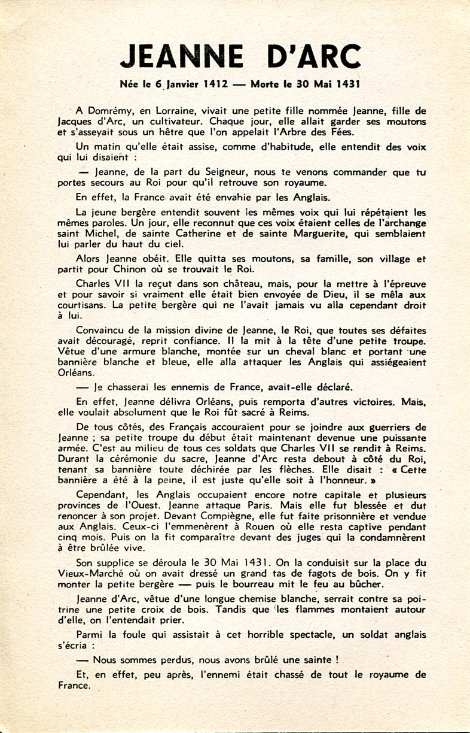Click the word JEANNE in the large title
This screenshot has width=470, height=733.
pos(180,56)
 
